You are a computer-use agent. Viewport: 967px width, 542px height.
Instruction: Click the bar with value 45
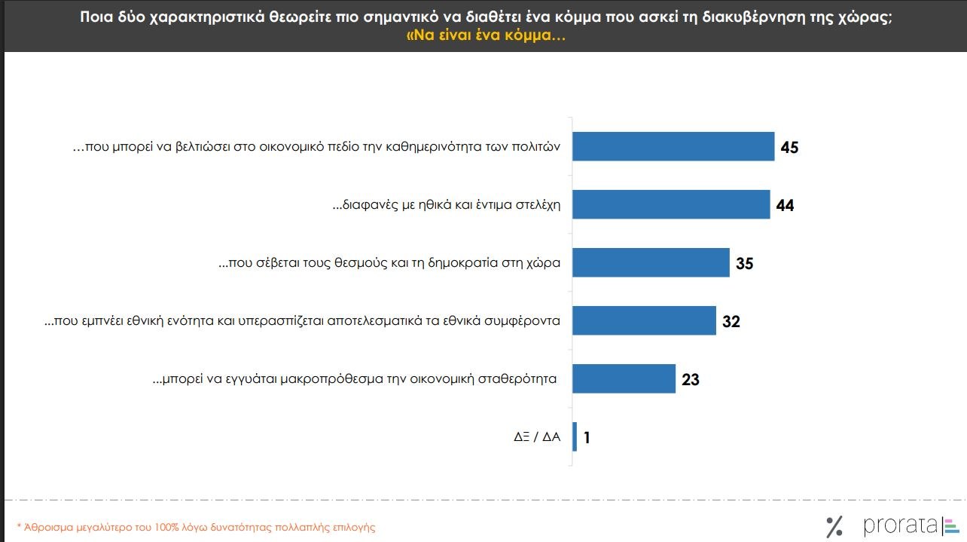pos(673,146)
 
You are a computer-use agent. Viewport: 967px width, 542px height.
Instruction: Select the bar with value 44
pos(671,204)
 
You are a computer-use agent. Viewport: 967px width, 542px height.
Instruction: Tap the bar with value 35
pos(651,262)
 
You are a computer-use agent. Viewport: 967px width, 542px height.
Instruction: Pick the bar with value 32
pos(644,320)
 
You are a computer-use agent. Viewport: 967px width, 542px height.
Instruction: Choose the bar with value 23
pos(624,378)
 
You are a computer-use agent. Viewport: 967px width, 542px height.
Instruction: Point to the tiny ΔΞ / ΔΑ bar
pos(575,436)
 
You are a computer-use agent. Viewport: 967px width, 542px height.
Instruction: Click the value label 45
pos(789,147)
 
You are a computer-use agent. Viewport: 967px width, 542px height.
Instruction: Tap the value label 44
pos(785,205)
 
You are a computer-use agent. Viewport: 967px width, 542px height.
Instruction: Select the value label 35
pos(744,263)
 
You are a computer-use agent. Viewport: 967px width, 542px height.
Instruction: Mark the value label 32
pos(731,321)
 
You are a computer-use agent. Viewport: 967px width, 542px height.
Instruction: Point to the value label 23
pos(690,379)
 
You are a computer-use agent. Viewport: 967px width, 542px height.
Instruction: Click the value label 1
pos(587,437)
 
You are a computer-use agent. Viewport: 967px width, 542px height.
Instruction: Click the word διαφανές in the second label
pos(365,205)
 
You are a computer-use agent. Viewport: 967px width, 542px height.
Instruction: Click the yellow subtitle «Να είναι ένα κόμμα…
pos(486,35)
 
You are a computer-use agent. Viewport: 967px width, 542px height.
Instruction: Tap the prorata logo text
pos(900,525)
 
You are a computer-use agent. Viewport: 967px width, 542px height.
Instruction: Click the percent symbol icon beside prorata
pos(834,525)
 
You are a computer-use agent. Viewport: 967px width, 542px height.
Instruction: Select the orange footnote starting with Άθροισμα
pos(196,527)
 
